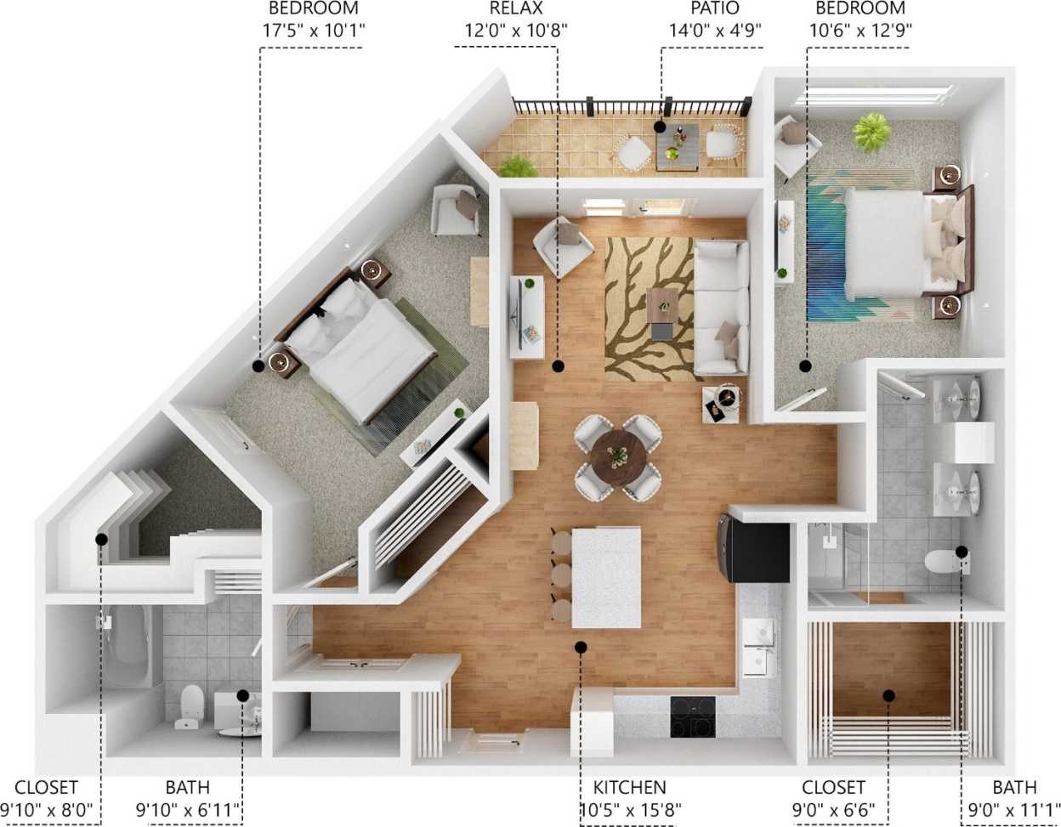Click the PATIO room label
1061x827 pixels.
(x=714, y=9)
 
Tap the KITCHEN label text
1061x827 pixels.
(x=629, y=788)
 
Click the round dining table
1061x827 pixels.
(x=618, y=456)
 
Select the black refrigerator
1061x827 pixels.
(x=755, y=549)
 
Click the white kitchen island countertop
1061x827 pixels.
(x=606, y=576)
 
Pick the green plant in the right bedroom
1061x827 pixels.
(x=871, y=132)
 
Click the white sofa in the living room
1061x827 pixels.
(x=721, y=308)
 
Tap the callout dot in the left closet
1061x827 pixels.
(x=102, y=539)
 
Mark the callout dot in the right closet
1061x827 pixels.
(x=888, y=695)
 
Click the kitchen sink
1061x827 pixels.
(x=758, y=646)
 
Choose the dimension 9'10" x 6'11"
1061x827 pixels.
(x=188, y=808)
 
